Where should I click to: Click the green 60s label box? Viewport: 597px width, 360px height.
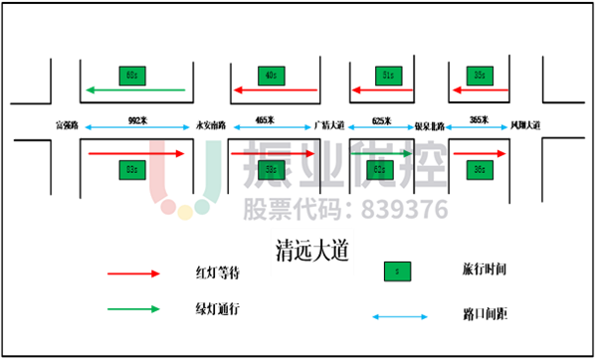click(x=132, y=76)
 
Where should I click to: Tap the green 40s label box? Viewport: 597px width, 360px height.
click(x=272, y=76)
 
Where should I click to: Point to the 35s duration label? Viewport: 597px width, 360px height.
click(x=480, y=76)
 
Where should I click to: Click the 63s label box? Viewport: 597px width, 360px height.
click(x=132, y=170)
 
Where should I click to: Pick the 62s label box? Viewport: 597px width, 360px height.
click(x=378, y=170)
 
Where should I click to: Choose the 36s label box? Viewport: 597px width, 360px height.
click(x=480, y=170)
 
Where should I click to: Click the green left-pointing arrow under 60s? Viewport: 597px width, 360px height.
click(x=135, y=90)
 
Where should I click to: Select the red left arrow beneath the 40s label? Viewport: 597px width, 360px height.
click(x=275, y=90)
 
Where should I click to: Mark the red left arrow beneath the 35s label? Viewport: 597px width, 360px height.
click(x=480, y=90)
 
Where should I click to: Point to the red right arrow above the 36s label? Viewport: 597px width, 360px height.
click(x=480, y=153)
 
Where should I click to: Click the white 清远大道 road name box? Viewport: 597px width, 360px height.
click(x=312, y=252)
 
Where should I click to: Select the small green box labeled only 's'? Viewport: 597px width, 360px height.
click(x=397, y=271)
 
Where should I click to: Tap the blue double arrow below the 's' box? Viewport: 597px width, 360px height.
click(x=400, y=316)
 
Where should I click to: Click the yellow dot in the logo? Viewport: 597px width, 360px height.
click(x=185, y=212)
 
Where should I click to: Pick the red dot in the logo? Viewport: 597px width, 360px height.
click(x=168, y=207)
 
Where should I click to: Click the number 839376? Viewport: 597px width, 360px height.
click(x=402, y=210)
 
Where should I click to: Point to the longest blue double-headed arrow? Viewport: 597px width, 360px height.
click(x=137, y=127)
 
